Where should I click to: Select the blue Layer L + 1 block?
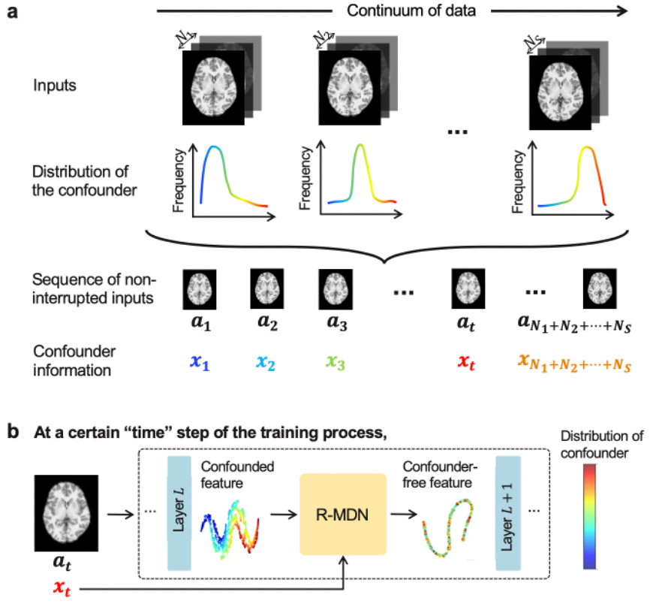(508, 518)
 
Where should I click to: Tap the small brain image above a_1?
(199, 288)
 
